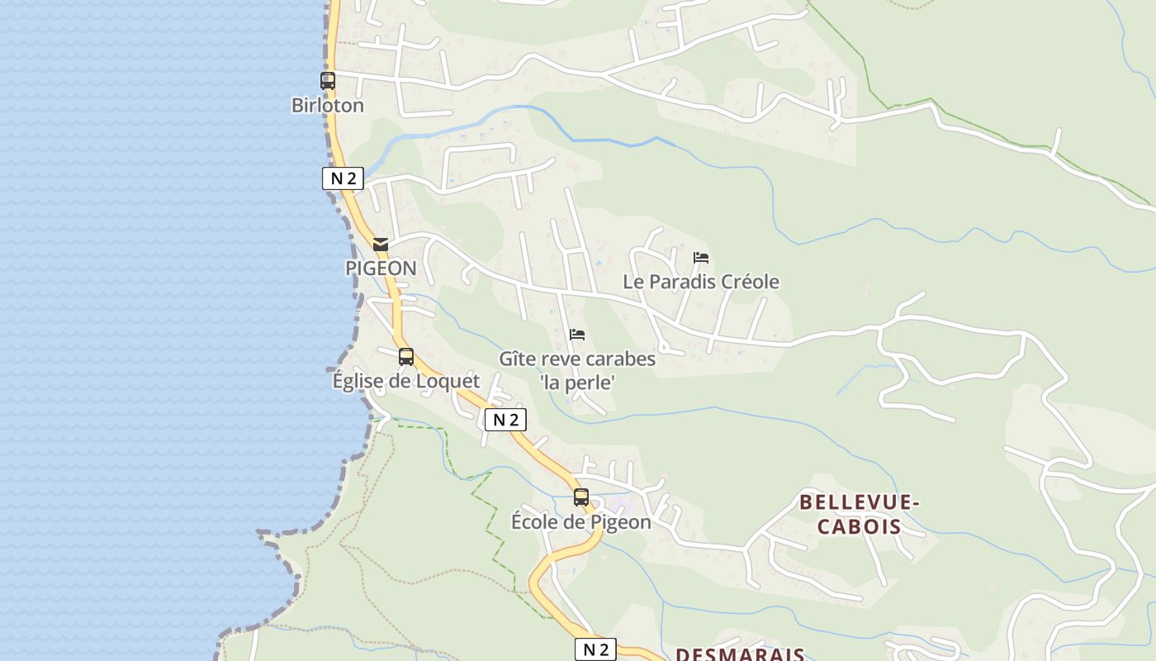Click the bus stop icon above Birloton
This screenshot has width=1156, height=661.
pos(328,81)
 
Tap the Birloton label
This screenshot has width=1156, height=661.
pos(328,106)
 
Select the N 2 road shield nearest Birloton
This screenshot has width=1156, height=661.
pos(343,178)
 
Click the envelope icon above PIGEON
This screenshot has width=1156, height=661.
pos(381,245)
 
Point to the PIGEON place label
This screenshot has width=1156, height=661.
pos(381,269)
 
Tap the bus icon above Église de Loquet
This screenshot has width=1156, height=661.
pos(406,357)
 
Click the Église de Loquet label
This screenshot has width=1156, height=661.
pos(405,381)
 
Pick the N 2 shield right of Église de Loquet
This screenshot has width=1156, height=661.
pos(505,420)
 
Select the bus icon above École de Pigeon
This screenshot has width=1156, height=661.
pos(581,497)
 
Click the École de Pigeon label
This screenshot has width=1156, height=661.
pos(581,522)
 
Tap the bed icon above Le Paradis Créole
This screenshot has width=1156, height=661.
pos(701,258)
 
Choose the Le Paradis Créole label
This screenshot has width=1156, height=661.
pos(701,282)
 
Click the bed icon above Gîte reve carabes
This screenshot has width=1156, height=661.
pos(577,335)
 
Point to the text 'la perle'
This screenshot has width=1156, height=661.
pos(577,383)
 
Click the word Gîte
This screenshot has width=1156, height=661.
pos(517,359)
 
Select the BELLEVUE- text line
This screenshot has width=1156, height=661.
pos(860,502)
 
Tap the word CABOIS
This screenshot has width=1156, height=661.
pos(860,526)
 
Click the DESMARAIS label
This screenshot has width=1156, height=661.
pos(740,654)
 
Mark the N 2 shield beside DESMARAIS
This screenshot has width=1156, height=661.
pos(595,649)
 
